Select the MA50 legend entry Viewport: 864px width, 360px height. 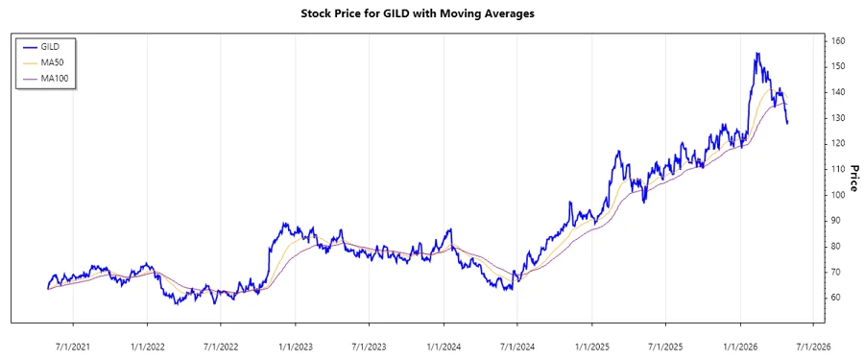pyautogui.click(x=64, y=61)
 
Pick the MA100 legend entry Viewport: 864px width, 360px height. pyautogui.click(x=67, y=78)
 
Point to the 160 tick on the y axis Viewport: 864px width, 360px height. pyautogui.click(x=838, y=41)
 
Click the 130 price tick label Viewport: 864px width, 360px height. pyautogui.click(x=838, y=118)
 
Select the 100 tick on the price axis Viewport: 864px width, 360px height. pyautogui.click(x=838, y=195)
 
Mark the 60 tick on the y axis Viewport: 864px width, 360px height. pyautogui.click(x=838, y=298)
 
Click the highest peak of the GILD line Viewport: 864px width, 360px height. pyautogui.click(x=756, y=53)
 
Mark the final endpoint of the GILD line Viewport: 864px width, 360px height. pyautogui.click(x=787, y=123)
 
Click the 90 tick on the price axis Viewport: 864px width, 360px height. pyautogui.click(x=838, y=221)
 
